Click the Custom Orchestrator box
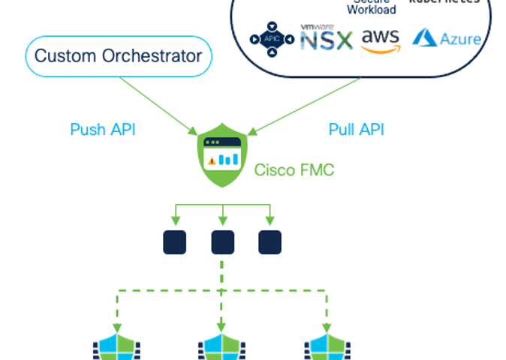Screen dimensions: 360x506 tap(119, 56)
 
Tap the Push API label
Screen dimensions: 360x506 tap(102, 129)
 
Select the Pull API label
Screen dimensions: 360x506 tap(356, 129)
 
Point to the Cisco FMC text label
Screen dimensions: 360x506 tap(294, 169)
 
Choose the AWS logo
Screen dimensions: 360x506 tap(381, 40)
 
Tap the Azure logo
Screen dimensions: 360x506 tap(447, 37)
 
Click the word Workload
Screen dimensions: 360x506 tap(372, 10)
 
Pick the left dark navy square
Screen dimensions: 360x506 tap(175, 242)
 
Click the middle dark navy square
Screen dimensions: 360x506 tap(222, 242)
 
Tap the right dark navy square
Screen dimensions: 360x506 tap(270, 242)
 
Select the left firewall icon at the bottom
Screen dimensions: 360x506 tap(116, 346)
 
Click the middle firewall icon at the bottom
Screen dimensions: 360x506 tap(221, 346)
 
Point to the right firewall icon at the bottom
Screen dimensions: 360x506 tap(327, 346)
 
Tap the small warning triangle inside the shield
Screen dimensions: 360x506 tap(212, 160)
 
